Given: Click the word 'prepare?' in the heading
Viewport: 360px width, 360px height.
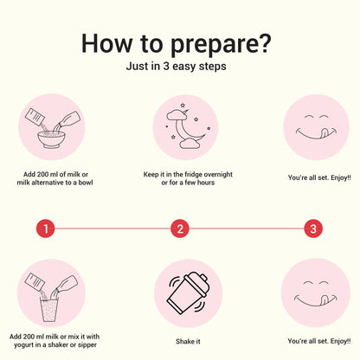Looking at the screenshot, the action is tap(221, 44).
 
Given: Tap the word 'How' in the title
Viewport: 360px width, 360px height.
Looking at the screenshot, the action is tap(107, 43).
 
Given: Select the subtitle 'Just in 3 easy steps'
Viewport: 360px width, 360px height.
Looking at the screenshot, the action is tap(177, 67).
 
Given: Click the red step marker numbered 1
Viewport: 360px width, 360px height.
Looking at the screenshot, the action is tap(46, 228).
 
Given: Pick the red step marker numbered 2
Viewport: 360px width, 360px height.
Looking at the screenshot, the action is tap(180, 228).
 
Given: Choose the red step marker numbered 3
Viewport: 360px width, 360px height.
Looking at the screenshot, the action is tap(313, 228).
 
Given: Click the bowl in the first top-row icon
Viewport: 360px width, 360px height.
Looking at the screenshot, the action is tap(51, 139).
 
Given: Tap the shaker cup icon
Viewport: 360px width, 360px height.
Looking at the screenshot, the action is tap(188, 293).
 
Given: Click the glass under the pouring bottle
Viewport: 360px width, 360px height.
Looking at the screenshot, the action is tap(49, 311).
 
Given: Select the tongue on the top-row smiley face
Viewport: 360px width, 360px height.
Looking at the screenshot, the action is tap(325, 133).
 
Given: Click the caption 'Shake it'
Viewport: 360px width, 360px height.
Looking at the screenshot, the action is tap(188, 342).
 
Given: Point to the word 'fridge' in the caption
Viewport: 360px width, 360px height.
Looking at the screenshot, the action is tap(193, 174).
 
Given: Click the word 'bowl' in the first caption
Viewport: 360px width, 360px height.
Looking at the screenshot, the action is tap(86, 183).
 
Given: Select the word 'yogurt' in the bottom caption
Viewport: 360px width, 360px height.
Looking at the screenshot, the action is tap(23, 345).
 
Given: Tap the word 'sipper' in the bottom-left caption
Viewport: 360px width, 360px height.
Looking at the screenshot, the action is tap(87, 345).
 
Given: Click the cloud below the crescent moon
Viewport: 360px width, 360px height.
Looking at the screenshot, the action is tap(190, 144).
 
